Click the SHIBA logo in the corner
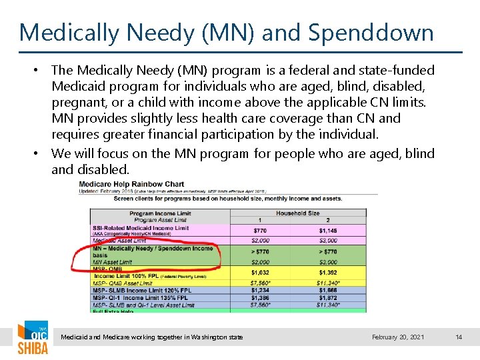(32, 339)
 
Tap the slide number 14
(458, 337)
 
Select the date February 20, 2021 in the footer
(398, 337)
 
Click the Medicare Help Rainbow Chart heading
(131, 184)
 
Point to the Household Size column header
(297, 213)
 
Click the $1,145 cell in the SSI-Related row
(328, 230)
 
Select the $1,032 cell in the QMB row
(260, 273)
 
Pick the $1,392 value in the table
(328, 273)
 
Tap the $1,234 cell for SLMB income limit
(260, 291)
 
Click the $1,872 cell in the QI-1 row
(328, 298)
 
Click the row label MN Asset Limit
(114, 263)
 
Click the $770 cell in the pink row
(260, 230)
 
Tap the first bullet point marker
(41, 71)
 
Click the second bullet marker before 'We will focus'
(41, 154)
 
